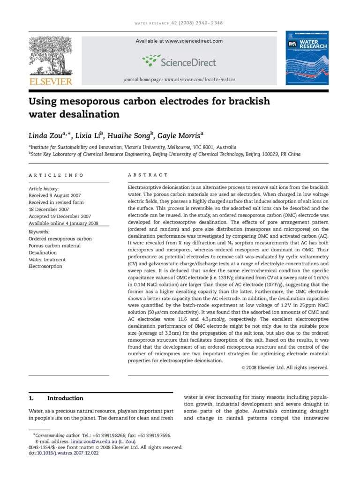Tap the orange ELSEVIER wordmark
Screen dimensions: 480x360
click(x=51, y=82)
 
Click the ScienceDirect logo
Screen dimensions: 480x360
click(x=179, y=61)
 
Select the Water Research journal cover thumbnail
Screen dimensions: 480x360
click(x=307, y=58)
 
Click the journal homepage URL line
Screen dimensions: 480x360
click(x=179, y=80)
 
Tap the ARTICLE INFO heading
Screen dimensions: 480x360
click(x=56, y=175)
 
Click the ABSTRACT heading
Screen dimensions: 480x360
click(x=148, y=175)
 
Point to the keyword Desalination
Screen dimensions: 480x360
click(x=43, y=253)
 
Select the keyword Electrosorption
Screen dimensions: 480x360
click(x=45, y=267)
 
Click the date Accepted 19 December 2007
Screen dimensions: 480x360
click(x=60, y=217)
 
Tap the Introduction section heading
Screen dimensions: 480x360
click(x=65, y=398)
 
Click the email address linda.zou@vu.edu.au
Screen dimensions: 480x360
click(x=98, y=442)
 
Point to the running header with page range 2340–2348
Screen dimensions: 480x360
click(x=179, y=23)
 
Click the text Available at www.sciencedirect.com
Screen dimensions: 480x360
click(x=179, y=41)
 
